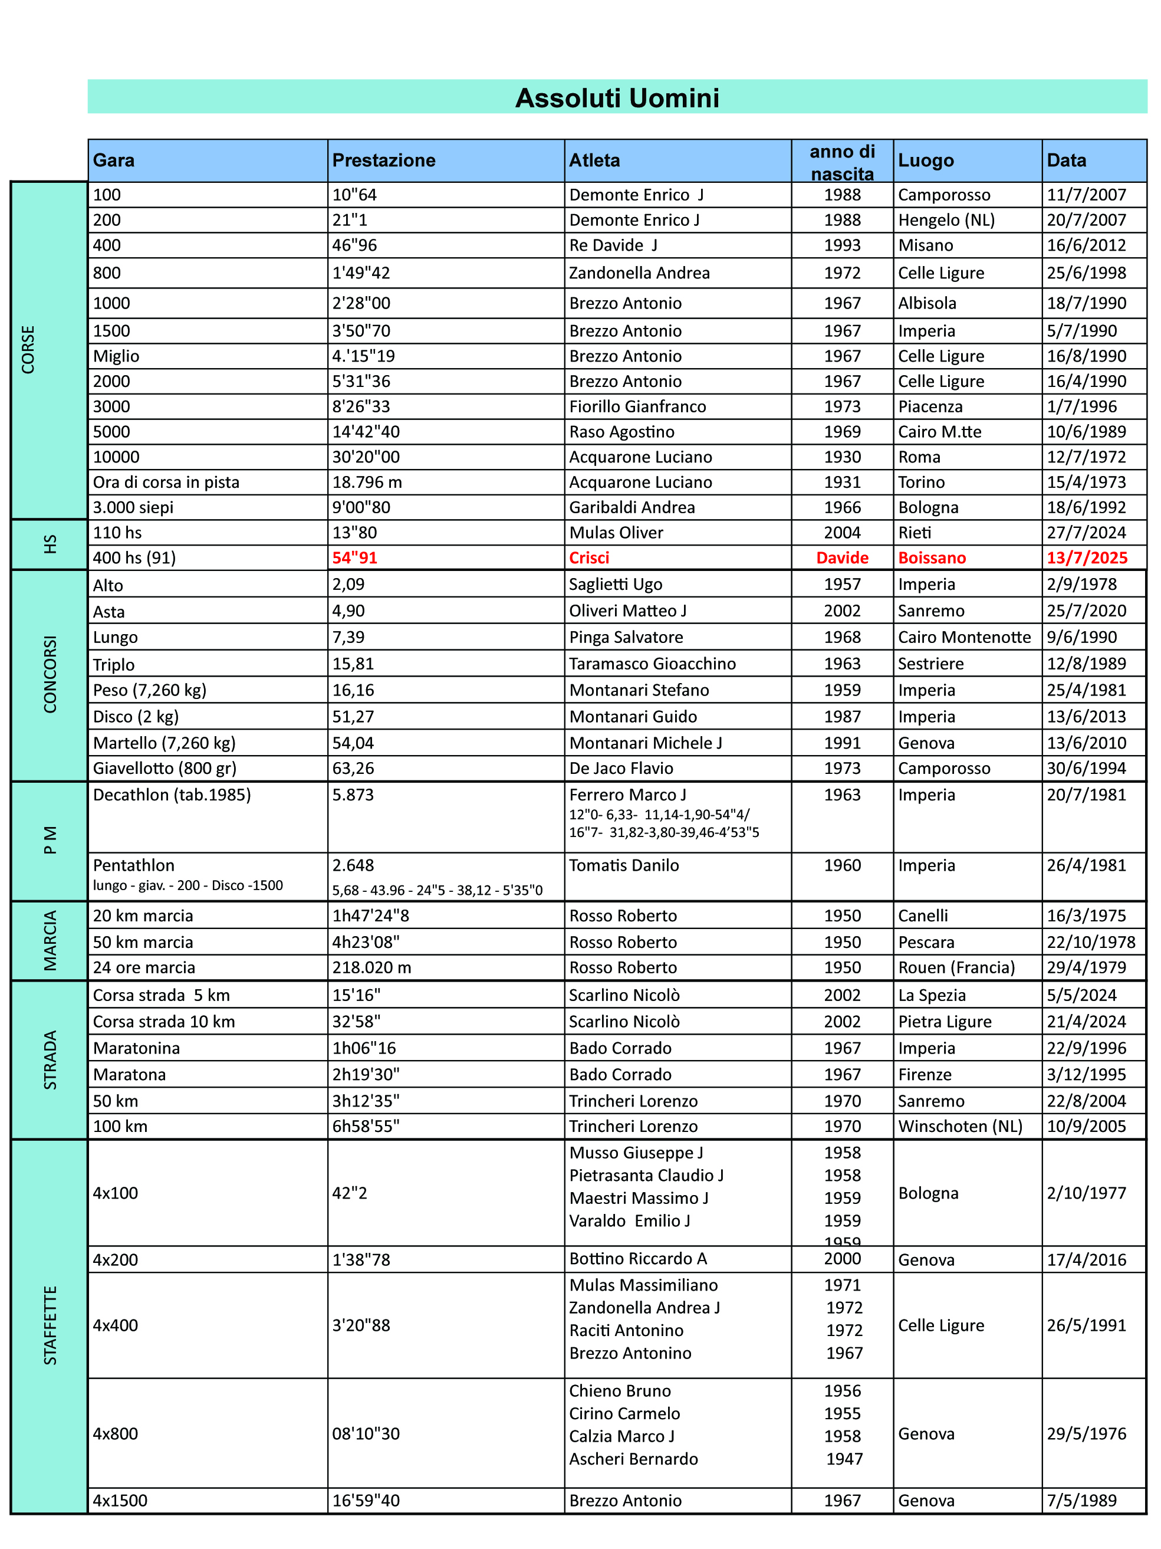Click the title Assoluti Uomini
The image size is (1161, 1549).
[x=617, y=98]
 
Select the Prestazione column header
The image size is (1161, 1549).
[x=383, y=160]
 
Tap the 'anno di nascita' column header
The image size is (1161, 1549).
[x=842, y=162]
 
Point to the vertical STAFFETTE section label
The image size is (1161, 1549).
[x=50, y=1325]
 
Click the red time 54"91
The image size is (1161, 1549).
[x=354, y=557]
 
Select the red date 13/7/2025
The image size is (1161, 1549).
[x=1087, y=557]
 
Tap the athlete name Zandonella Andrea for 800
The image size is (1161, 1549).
[x=639, y=273]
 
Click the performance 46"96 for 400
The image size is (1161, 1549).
[x=354, y=245]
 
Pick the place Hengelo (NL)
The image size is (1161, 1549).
[x=946, y=220]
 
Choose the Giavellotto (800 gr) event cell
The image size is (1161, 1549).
[x=165, y=768]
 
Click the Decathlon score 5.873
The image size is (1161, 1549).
[x=353, y=795]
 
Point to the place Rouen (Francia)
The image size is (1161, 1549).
[x=956, y=967]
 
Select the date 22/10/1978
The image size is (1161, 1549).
[x=1091, y=942]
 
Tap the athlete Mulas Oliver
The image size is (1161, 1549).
[x=616, y=532]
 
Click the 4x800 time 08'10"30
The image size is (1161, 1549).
[x=366, y=1433]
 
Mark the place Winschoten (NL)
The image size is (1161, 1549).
[x=960, y=1126]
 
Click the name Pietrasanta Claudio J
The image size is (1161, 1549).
[x=646, y=1175]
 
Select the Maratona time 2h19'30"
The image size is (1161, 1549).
[x=366, y=1074]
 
